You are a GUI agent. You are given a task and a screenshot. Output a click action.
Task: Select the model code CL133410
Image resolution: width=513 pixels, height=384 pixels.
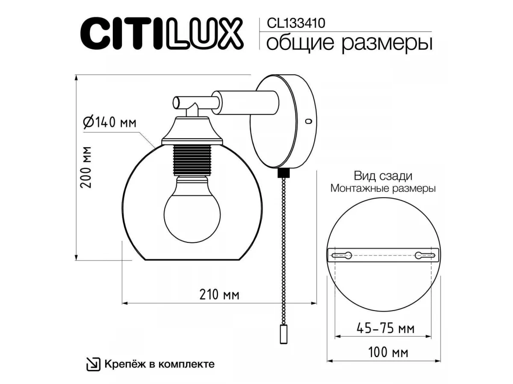coord(296,23)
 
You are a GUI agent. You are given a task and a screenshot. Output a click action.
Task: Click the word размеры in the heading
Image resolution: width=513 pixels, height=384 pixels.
coord(387,44)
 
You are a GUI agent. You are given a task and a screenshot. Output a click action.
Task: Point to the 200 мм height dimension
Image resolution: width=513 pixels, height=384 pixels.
coord(85,167)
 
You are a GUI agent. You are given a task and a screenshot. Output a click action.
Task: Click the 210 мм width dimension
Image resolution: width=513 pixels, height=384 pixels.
coord(219,295)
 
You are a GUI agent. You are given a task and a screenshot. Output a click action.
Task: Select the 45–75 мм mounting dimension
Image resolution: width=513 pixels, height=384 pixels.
coord(386,329)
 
